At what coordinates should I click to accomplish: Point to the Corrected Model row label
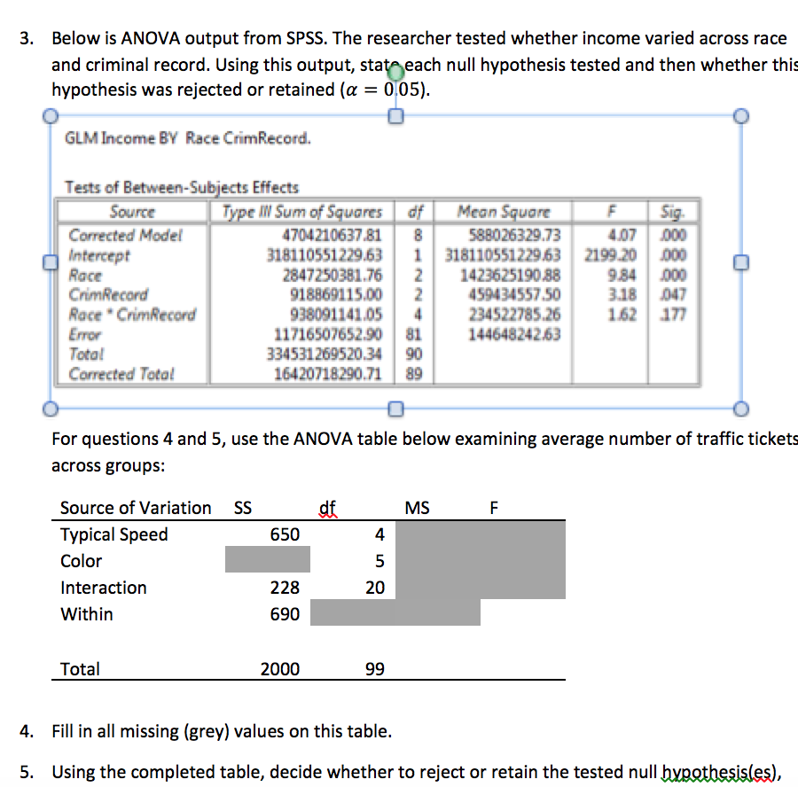point(125,236)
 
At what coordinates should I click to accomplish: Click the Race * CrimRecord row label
point(132,314)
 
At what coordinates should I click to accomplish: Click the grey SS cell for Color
point(267,560)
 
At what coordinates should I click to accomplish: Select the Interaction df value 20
point(374,588)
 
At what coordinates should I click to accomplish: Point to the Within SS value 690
point(285,614)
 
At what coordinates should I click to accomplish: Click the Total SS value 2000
point(279,669)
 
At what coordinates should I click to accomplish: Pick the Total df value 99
point(374,669)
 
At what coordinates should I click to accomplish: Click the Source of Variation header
point(136,508)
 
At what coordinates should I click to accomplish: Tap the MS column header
point(417,508)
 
